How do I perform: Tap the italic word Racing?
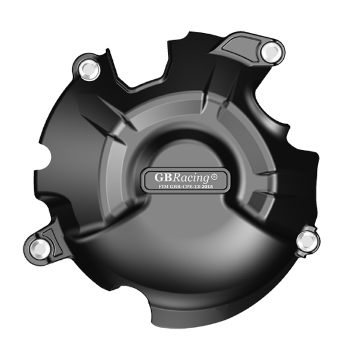(x=192, y=178)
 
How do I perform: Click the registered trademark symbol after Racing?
(x=214, y=178)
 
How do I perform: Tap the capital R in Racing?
(x=179, y=178)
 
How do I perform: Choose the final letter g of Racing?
(x=205, y=179)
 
